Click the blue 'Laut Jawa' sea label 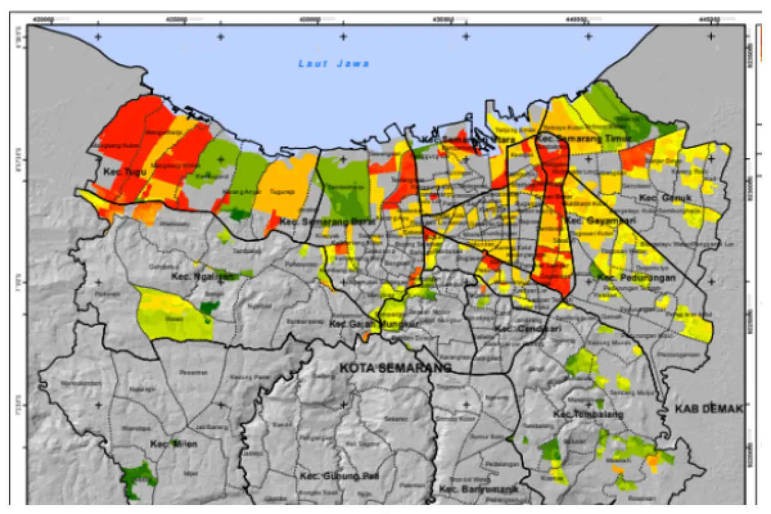(333, 64)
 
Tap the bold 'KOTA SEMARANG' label (394, 368)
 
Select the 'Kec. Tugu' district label (125, 172)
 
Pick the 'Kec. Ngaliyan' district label (204, 276)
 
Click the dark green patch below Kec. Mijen (139, 479)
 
